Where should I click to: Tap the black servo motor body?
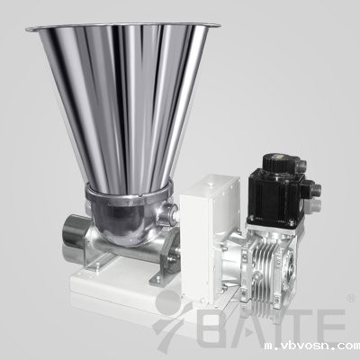tap(272, 196)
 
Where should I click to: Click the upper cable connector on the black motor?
tap(301, 166)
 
